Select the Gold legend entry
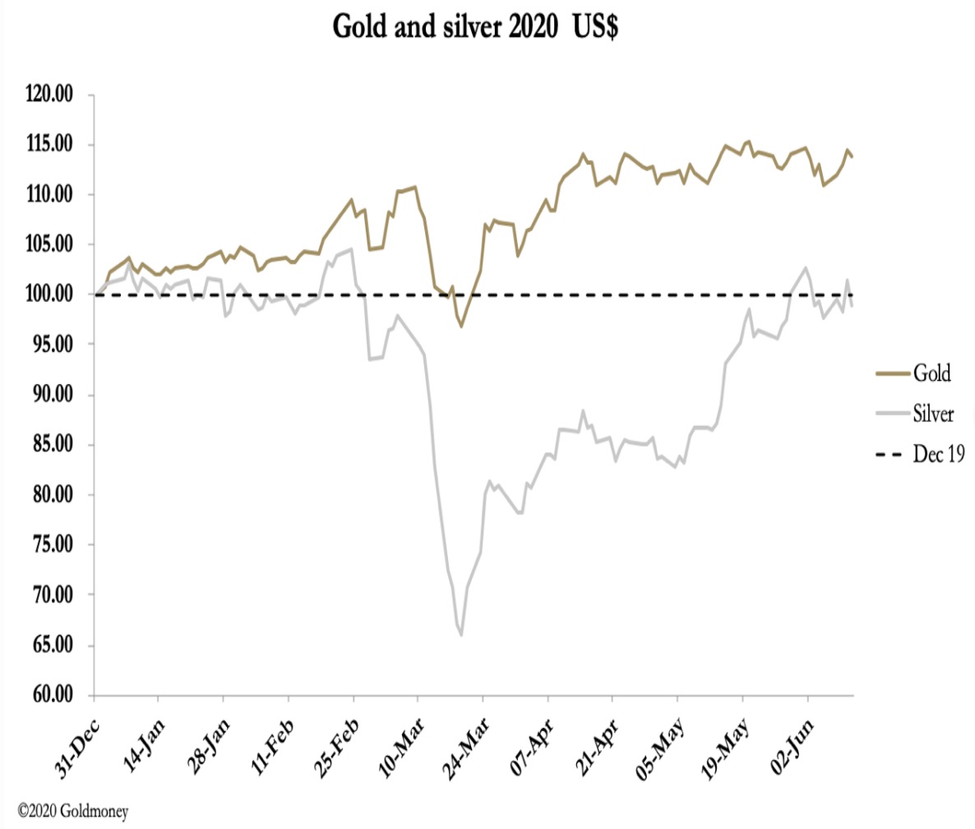[x=930, y=373]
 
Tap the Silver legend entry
[x=932, y=414]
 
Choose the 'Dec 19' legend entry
[x=937, y=453]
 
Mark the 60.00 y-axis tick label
[x=49, y=696]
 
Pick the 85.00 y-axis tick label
[x=49, y=445]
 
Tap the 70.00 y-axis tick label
[x=49, y=595]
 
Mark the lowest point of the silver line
[x=461, y=635]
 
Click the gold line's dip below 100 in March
[x=461, y=327]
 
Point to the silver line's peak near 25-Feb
[x=352, y=249]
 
